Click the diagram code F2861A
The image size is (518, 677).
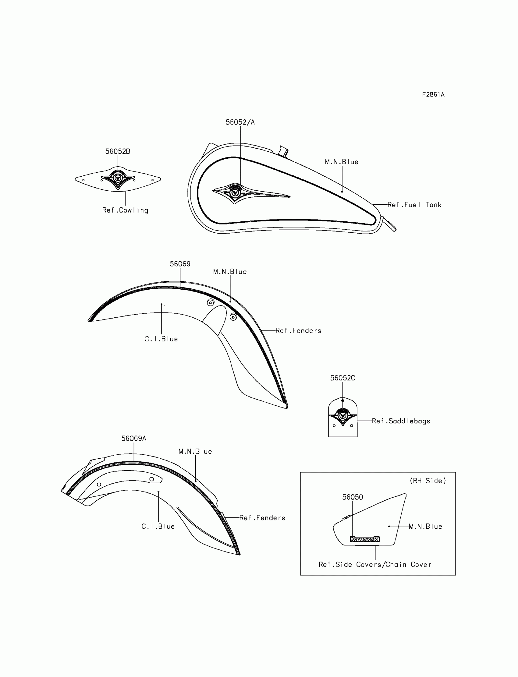433,95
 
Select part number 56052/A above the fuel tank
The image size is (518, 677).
240,122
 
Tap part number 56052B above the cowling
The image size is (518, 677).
118,152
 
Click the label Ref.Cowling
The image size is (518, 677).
125,210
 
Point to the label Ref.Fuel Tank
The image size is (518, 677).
414,205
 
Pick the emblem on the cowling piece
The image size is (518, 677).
118,178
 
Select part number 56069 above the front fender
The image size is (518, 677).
180,264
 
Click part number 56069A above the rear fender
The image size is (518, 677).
133,439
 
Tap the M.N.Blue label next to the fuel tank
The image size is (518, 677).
341,162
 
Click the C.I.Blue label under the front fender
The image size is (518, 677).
161,339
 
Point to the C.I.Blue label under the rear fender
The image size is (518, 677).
158,526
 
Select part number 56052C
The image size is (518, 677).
342,378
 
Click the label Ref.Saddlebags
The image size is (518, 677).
400,421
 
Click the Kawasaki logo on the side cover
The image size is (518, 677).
364,539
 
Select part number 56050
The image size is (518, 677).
353,497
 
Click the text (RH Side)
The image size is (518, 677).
428,481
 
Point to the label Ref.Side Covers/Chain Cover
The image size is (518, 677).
375,565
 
